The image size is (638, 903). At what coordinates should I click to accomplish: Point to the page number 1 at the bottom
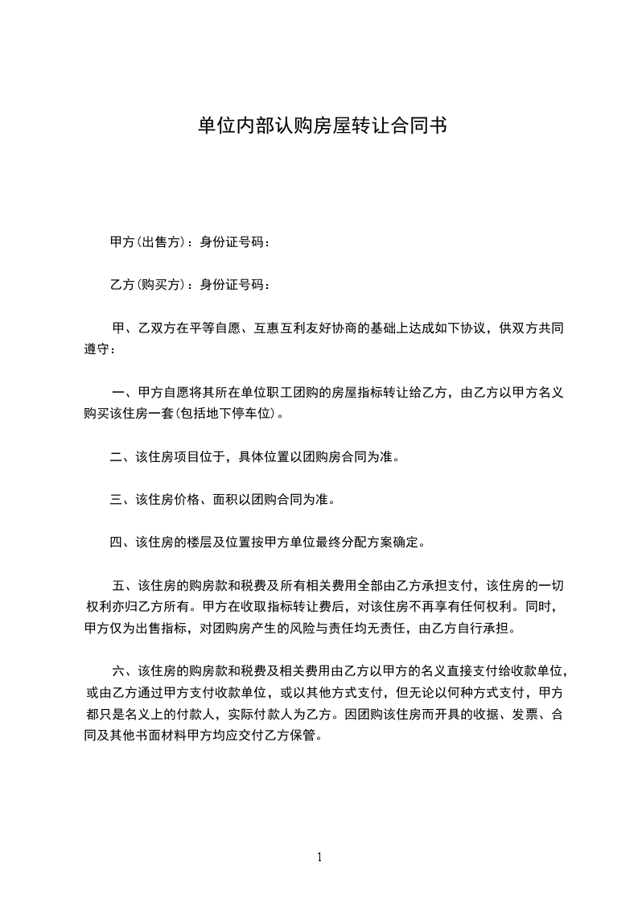tap(319, 857)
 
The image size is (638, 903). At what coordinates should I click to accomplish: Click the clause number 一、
tap(125, 394)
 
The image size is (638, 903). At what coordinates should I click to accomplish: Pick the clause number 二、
tap(122, 457)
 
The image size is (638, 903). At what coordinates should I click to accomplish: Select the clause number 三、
tap(122, 500)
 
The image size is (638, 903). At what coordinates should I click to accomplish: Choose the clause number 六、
tap(125, 670)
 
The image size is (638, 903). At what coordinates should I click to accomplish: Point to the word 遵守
tap(97, 350)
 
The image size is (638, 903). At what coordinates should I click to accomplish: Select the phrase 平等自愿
tap(215, 328)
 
